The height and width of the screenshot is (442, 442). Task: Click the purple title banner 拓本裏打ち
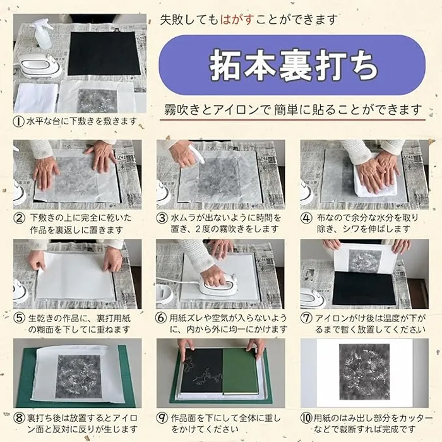click(x=292, y=65)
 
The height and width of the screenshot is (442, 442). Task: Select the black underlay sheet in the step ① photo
click(x=104, y=54)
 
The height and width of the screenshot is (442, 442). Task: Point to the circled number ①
click(x=18, y=121)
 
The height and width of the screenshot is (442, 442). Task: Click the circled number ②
click(x=19, y=218)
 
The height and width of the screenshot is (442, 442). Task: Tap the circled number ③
click(x=162, y=218)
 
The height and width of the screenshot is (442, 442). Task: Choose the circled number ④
click(x=306, y=218)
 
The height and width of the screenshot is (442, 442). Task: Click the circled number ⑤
click(x=19, y=318)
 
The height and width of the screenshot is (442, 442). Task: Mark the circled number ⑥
click(x=161, y=318)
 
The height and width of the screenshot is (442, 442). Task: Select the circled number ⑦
click(x=306, y=318)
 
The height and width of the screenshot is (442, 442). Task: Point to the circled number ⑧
click(x=19, y=418)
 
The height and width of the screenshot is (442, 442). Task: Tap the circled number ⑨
click(x=162, y=418)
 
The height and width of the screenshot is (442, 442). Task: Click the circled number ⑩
click(x=307, y=418)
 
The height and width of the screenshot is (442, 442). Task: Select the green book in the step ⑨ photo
click(x=240, y=371)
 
